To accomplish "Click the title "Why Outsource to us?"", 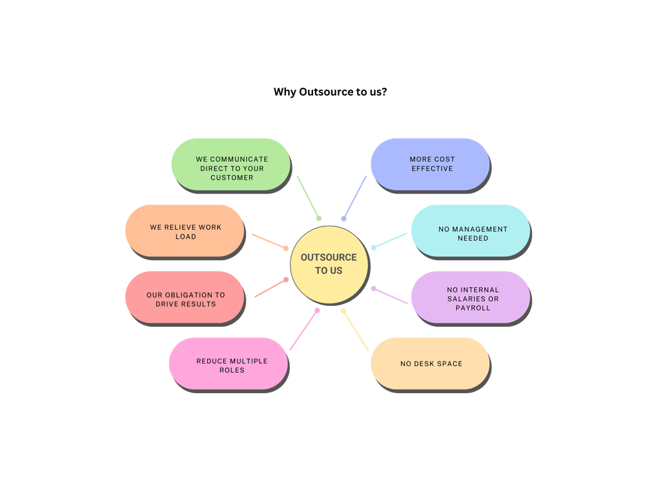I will click(330, 92).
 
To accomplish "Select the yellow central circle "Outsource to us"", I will click(329, 265).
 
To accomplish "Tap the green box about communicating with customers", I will click(230, 165).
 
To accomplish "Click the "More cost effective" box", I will click(430, 164).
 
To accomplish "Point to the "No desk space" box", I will click(430, 363).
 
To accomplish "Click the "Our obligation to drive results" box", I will click(185, 298).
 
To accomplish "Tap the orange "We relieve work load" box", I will click(185, 231).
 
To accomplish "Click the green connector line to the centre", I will click(308, 198).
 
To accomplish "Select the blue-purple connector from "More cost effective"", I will click(354, 198).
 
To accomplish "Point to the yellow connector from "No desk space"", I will click(356, 331).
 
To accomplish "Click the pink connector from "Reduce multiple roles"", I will click(303, 331).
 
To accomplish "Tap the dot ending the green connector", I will click(319, 219).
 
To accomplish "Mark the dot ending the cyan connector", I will click(373, 247).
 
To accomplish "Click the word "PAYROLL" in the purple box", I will click(473, 308).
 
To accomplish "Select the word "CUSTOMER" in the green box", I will click(232, 178).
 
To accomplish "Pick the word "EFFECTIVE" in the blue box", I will click(432, 168).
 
